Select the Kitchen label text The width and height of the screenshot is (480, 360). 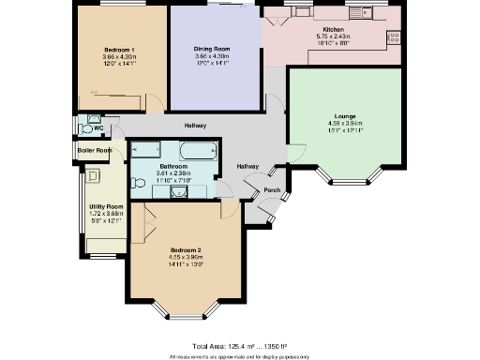(334, 29)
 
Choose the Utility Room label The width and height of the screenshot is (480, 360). (106, 206)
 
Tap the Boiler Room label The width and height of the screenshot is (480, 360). (95, 150)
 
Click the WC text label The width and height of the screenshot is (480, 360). (97, 128)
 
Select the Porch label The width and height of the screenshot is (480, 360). (272, 189)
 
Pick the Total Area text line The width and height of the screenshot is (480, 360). (238, 346)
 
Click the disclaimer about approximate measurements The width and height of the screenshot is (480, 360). (238, 356)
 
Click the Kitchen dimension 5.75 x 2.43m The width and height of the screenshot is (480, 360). (334, 37)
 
